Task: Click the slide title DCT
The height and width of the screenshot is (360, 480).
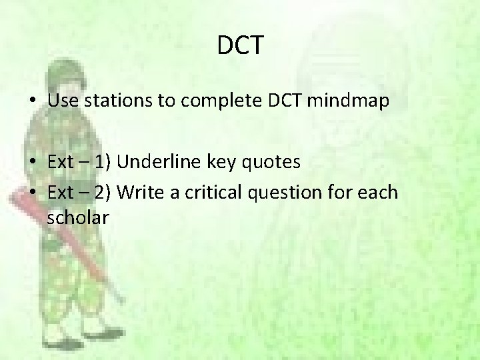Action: [240, 46]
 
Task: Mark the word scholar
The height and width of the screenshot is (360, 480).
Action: [78, 217]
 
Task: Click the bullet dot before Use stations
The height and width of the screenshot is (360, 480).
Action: [33, 102]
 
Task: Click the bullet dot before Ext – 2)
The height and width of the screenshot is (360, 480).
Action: [33, 193]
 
